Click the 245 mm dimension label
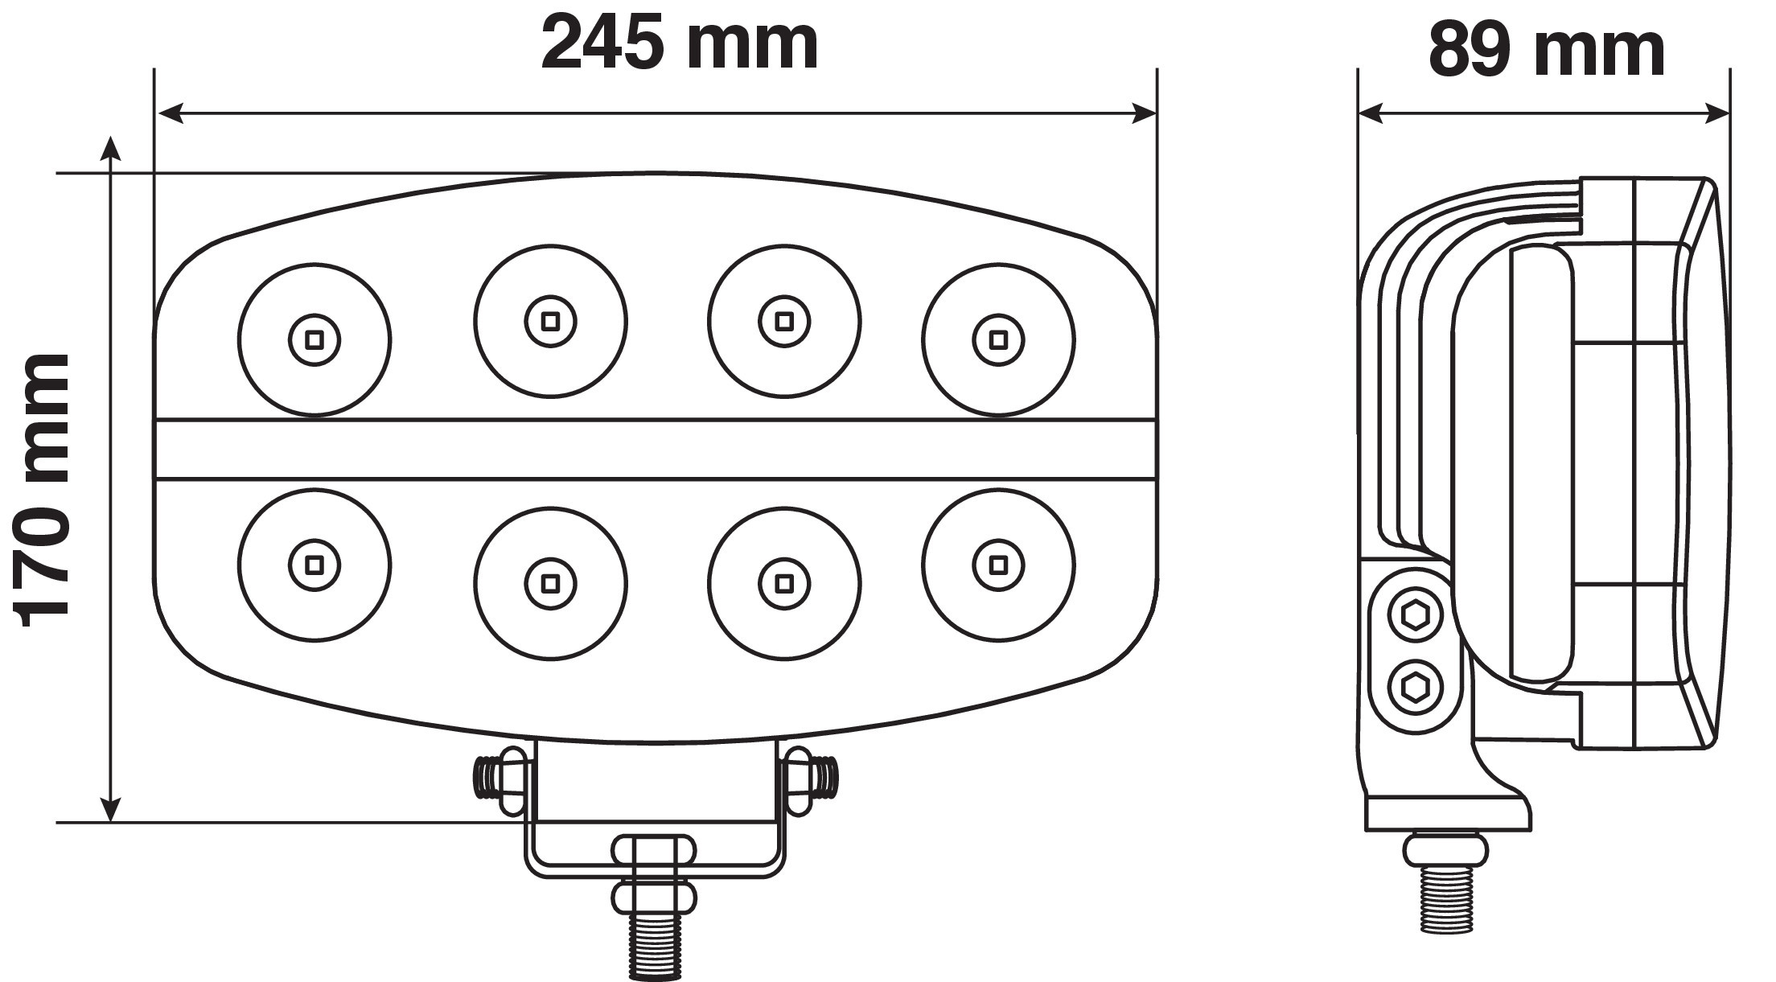(680, 44)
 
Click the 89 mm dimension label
(1545, 50)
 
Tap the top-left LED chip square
(314, 339)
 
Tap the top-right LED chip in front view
(998, 339)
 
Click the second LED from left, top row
(550, 321)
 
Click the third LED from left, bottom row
(784, 581)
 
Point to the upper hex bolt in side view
(1416, 617)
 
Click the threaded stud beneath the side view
(1445, 901)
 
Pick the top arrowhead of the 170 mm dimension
(110, 150)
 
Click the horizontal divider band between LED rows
(656, 449)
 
